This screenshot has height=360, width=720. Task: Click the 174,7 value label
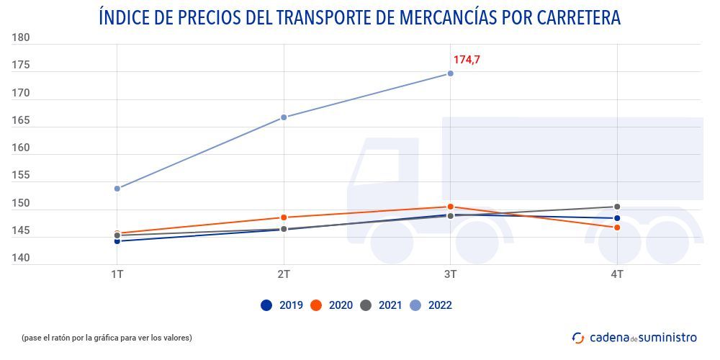[466, 60]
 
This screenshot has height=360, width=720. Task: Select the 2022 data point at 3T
[450, 73]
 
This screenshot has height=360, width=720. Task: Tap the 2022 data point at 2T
[284, 117]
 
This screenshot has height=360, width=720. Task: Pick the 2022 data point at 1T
[117, 189]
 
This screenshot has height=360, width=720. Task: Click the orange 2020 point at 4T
[617, 228]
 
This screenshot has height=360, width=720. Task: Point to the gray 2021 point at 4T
[617, 207]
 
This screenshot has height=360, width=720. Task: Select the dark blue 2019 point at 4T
[617, 218]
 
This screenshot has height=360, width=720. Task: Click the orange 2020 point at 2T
[284, 217]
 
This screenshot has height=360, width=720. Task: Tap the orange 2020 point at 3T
[450, 207]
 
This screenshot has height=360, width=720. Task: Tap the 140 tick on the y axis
[20, 258]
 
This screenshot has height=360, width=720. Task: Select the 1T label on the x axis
[117, 274]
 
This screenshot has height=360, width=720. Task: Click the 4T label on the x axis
[617, 274]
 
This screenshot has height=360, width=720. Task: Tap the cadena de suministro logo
[634, 337]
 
